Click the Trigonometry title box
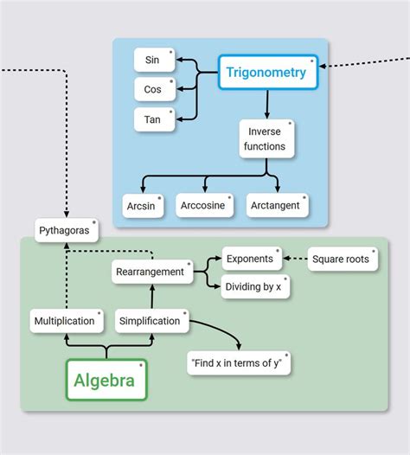point(267,73)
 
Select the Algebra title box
point(106,381)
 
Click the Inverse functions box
point(267,138)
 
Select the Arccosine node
point(205,205)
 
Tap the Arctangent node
point(274,205)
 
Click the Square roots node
point(343,259)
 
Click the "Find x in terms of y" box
point(240,363)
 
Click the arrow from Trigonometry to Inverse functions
point(267,103)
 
